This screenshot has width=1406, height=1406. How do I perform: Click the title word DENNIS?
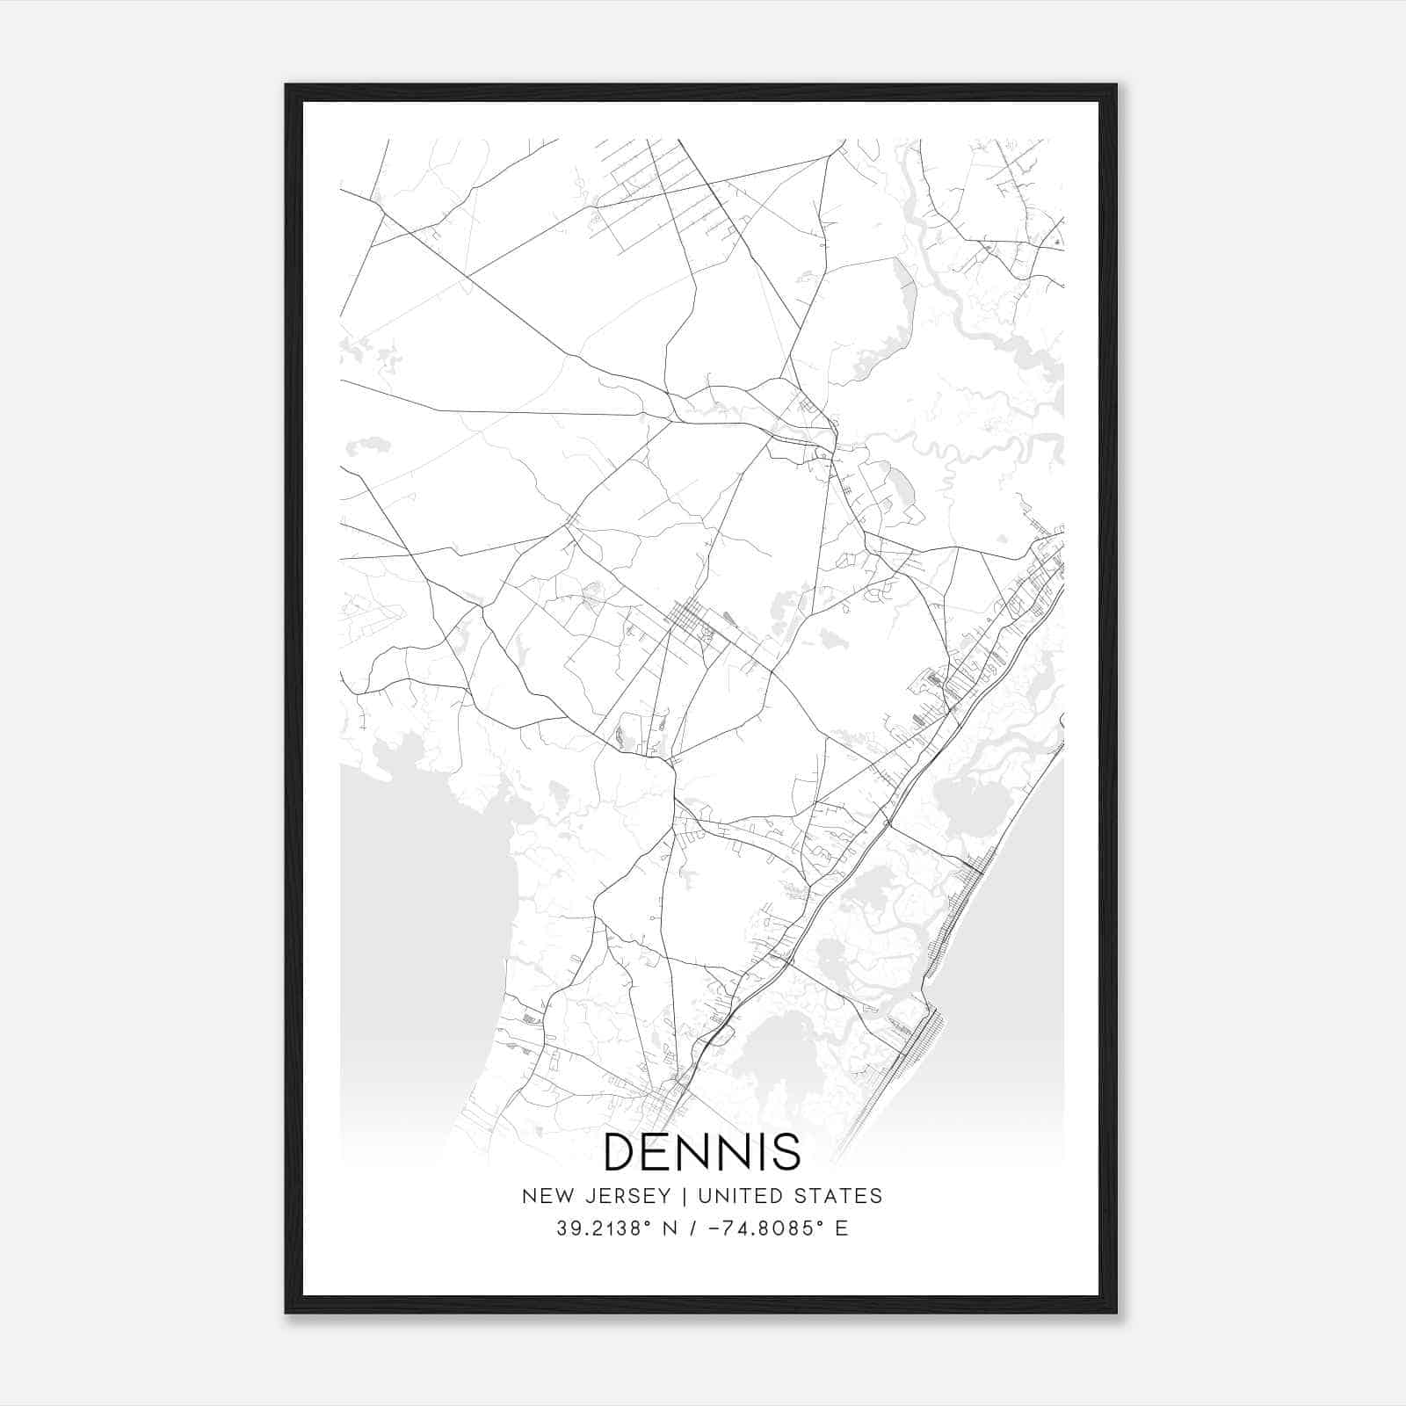(702, 1152)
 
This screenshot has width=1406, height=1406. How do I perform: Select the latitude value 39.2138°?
(603, 1228)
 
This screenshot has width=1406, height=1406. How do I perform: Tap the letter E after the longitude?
(842, 1228)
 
